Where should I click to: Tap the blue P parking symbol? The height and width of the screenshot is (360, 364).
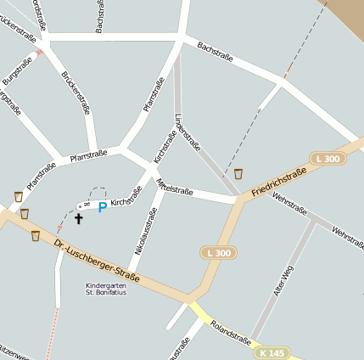click(x=103, y=207)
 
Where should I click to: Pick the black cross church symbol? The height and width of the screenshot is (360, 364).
click(x=79, y=218)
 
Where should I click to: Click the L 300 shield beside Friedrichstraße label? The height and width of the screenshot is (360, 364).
click(x=326, y=159)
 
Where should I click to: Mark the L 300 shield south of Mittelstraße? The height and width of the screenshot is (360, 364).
click(x=219, y=253)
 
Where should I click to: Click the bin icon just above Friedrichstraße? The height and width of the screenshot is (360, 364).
click(x=239, y=173)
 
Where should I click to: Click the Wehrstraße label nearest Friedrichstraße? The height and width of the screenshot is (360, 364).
click(x=290, y=205)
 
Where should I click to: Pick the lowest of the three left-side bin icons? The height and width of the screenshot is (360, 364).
click(x=36, y=235)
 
